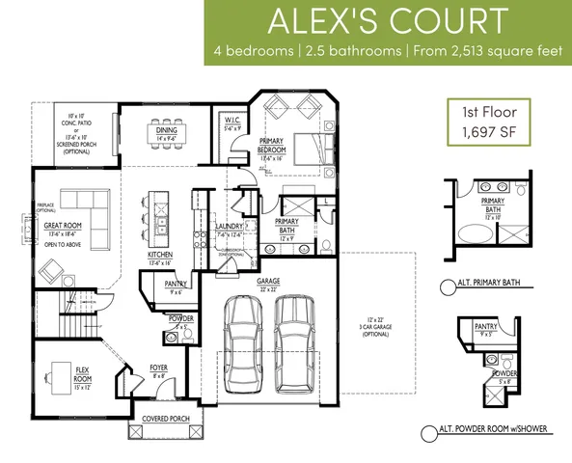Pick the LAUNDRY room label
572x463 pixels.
point(229,228)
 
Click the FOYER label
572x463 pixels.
point(159,368)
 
